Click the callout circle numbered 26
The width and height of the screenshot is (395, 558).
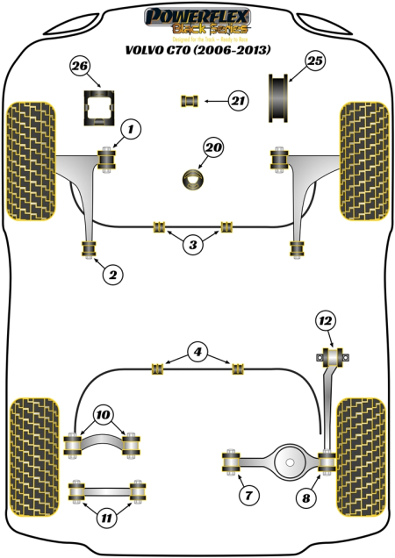[x=80, y=66]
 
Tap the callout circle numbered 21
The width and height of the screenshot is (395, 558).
[x=238, y=103]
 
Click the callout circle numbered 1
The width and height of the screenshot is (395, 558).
[x=130, y=132]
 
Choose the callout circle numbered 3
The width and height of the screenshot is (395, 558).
[x=193, y=244]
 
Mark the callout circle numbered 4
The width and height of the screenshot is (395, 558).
[x=198, y=354]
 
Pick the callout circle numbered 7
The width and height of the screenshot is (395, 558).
[x=248, y=497]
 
